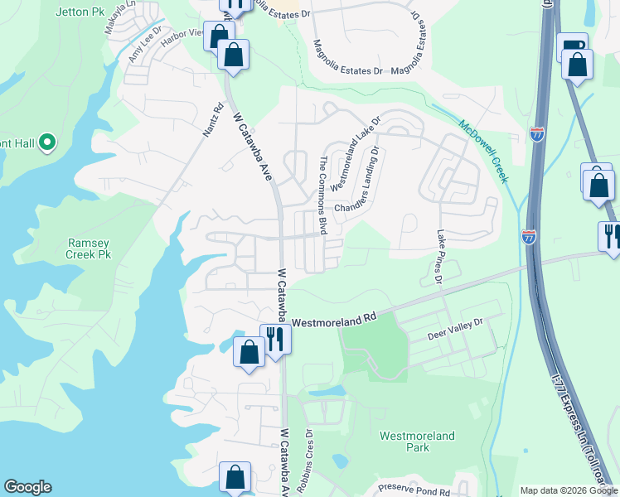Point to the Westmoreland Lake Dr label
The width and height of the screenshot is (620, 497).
(355, 154)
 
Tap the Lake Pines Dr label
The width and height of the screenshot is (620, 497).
(440, 258)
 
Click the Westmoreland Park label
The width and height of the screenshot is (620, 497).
(417, 442)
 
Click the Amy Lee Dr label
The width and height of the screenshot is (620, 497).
(143, 46)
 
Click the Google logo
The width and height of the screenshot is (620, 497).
(27, 487)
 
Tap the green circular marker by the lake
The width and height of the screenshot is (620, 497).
(46, 143)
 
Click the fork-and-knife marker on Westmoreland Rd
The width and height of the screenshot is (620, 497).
(275, 338)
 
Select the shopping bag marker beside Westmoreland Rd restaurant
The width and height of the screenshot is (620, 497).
(249, 351)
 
